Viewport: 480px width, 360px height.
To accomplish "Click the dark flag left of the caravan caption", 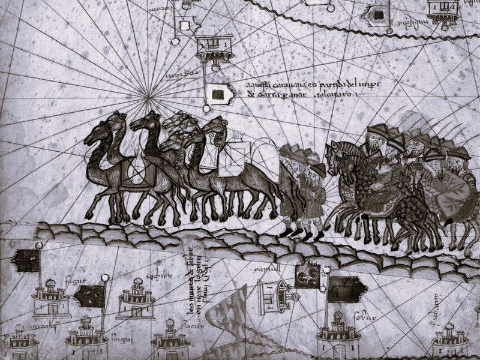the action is point(219,93).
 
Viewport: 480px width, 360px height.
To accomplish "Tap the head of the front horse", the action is point(334,154).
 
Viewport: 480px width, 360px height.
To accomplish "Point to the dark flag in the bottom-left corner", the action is point(28,259).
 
